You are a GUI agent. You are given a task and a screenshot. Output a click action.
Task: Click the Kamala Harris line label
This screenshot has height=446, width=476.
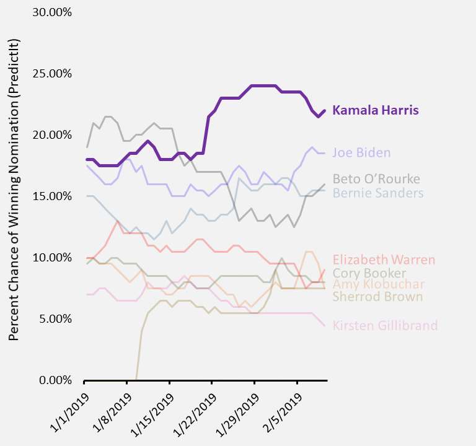pyautogui.click(x=376, y=110)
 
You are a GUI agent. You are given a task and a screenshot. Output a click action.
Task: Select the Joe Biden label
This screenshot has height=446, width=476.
pyautogui.click(x=361, y=152)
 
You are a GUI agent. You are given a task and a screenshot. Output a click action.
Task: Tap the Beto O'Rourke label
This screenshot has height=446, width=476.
pyautogui.click(x=376, y=179)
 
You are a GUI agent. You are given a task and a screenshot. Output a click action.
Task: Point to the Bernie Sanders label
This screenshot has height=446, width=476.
pyautogui.click(x=378, y=193)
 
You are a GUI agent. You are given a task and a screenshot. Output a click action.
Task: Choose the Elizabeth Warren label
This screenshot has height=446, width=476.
pyautogui.click(x=384, y=260)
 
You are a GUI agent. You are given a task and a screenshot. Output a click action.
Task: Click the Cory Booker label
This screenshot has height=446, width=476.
pyautogui.click(x=369, y=273)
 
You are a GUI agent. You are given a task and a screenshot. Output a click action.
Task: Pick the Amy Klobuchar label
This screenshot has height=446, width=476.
pyautogui.click(x=379, y=284)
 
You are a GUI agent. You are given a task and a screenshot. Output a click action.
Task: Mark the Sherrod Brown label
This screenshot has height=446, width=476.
pyautogui.click(x=377, y=297)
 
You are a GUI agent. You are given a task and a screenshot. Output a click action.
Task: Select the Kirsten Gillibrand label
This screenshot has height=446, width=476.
pyautogui.click(x=385, y=325)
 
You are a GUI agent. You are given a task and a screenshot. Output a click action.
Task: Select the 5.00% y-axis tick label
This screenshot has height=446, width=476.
pyautogui.click(x=58, y=319)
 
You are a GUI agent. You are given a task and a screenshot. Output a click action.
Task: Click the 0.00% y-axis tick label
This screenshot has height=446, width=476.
pyautogui.click(x=58, y=380)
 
